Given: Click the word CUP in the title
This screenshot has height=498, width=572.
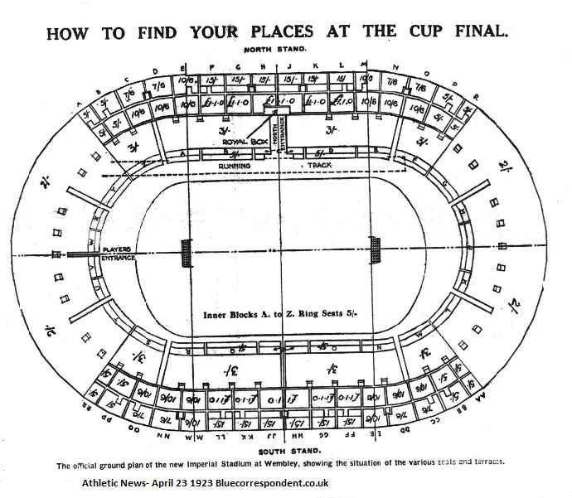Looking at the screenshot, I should coord(421,32).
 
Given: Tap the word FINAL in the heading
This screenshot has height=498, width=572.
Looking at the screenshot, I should coord(479,32).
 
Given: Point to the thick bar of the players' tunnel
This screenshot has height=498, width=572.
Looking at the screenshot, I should coord(83,254).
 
